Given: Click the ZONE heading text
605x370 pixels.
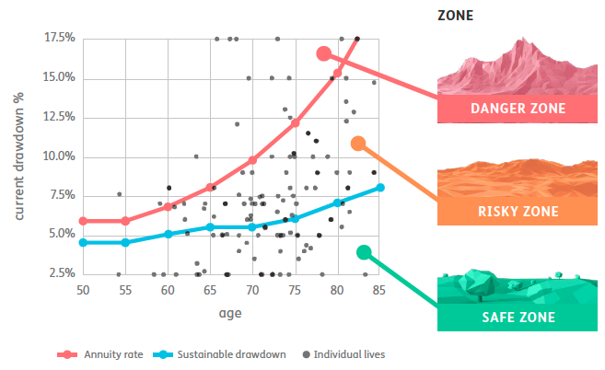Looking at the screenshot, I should (455, 17).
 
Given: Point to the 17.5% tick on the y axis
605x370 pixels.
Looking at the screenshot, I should (59, 38).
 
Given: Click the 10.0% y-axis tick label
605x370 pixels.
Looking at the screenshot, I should (59, 156).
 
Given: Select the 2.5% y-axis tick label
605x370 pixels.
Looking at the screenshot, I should (62, 273).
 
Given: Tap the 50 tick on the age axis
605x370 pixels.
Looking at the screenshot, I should (83, 291).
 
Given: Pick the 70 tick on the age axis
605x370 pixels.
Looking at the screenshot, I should (252, 291).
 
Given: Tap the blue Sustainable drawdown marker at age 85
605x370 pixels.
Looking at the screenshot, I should (379, 188).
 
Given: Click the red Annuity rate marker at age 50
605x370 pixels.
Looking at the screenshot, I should (83, 221).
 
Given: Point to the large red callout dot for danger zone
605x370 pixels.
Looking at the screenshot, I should (323, 53).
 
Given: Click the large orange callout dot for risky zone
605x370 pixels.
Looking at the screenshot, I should (358, 143).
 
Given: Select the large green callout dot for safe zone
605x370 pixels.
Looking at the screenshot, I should (364, 252).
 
